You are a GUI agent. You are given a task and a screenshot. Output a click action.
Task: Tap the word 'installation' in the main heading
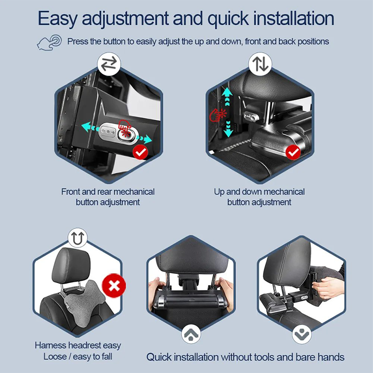294,18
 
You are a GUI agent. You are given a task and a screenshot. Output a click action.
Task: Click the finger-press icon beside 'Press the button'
49,42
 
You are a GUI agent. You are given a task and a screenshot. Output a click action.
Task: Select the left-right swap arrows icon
109,64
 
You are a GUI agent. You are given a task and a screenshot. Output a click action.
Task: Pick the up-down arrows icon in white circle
260,64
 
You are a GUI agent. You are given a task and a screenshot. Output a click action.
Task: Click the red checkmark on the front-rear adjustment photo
140,152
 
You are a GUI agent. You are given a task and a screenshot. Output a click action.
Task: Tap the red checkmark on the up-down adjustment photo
293,152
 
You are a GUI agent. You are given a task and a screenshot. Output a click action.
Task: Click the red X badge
114,285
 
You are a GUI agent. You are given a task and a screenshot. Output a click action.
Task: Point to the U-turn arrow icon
78,238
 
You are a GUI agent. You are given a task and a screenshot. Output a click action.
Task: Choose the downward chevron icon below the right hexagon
302,334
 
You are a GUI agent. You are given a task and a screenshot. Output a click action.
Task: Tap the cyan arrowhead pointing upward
227,91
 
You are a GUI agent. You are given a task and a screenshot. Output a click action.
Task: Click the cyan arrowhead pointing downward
228,133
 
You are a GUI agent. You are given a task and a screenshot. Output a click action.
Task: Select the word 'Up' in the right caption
219,192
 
